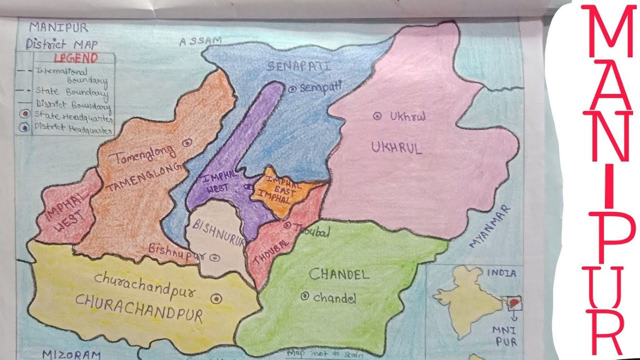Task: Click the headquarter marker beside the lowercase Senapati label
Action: pyautogui.click(x=292, y=88)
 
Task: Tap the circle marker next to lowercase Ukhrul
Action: pyautogui.click(x=378, y=116)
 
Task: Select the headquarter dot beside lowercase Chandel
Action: pyautogui.click(x=304, y=296)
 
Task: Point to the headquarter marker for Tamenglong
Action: pyautogui.click(x=187, y=142)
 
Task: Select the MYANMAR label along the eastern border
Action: pyautogui.click(x=491, y=226)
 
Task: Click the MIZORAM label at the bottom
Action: pyautogui.click(x=71, y=354)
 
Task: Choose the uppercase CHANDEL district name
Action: pyautogui.click(x=338, y=274)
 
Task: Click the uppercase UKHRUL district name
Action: pyautogui.click(x=396, y=147)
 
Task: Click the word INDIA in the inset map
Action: pyautogui.click(x=502, y=273)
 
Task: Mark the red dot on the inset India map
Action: pyautogui.click(x=513, y=302)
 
